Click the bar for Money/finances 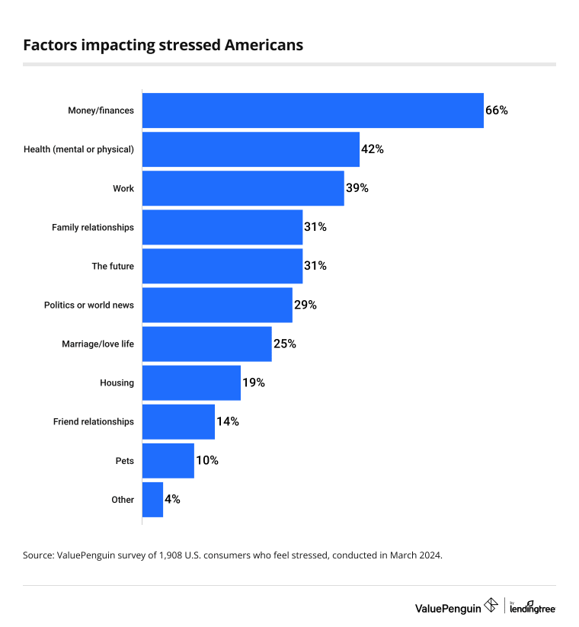coord(313,110)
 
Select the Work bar coord(243,188)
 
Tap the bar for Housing coord(191,382)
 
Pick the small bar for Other coord(152,500)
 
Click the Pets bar coord(168,461)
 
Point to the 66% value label coord(497,110)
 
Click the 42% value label coord(373,149)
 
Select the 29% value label coord(305,305)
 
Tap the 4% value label coord(172,500)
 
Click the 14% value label coord(228,421)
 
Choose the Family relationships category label coord(93,228)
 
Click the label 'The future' coord(113,267)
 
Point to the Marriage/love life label coord(98,344)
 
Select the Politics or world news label coord(89,305)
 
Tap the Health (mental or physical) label coord(78,149)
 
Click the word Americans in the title coord(264,45)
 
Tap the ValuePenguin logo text coord(448,609)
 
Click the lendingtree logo coord(533,607)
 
